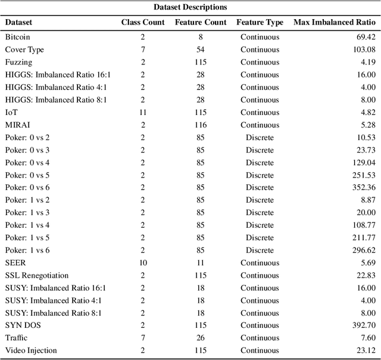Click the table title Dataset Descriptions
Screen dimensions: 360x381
[190, 7]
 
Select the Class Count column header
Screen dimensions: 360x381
[142, 23]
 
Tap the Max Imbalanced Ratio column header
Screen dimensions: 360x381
[335, 23]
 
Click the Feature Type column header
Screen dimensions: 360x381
[260, 23]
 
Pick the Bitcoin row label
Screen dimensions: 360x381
[18, 37]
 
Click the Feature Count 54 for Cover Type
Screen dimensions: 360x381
[201, 49]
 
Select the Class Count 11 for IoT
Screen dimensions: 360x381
[142, 112]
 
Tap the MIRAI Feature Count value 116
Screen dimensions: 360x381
[201, 125]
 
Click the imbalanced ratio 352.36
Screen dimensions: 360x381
[363, 187]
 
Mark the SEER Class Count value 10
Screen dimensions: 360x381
[142, 262]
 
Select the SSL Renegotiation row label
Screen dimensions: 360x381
[37, 275]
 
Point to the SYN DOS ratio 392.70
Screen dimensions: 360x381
[363, 325]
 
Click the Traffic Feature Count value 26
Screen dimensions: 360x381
[201, 337]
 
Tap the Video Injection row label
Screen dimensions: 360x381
[31, 350]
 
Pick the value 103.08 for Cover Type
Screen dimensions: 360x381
[363, 49]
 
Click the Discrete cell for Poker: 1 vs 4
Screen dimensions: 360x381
[260, 225]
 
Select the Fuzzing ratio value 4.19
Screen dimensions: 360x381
[367, 62]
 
